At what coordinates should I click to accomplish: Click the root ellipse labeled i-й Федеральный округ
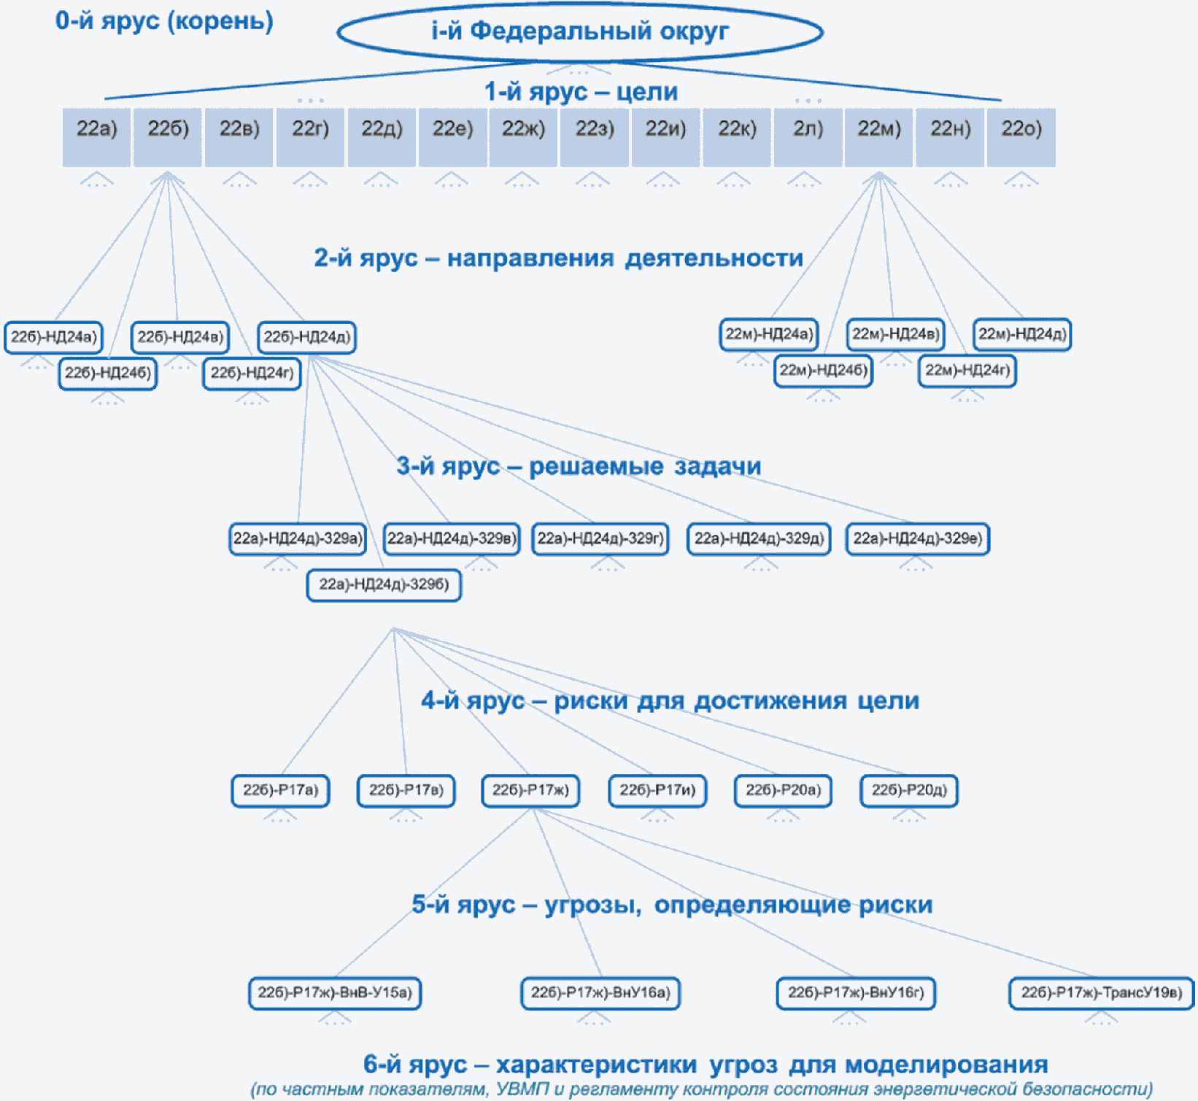click(x=580, y=31)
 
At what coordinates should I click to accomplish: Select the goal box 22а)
click(x=96, y=137)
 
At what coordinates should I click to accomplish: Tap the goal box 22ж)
click(x=523, y=137)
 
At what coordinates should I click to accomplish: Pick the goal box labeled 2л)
click(x=808, y=137)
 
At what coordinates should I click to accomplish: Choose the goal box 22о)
click(x=1021, y=137)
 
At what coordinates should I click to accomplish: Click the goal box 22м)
click(x=879, y=137)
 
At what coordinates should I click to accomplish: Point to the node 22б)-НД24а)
click(x=53, y=337)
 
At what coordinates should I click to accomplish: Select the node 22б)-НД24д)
click(x=307, y=337)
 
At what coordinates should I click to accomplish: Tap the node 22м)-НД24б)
click(x=824, y=371)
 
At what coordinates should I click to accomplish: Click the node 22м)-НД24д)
click(x=1022, y=334)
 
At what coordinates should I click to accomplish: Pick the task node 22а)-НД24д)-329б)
click(x=384, y=584)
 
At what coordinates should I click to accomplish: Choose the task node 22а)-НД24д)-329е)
click(x=918, y=539)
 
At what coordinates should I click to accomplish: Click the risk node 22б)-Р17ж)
click(x=530, y=790)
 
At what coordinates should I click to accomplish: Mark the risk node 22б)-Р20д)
click(x=909, y=790)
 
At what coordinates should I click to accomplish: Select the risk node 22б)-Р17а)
click(x=280, y=790)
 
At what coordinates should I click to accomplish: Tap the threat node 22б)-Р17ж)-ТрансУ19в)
click(x=1102, y=993)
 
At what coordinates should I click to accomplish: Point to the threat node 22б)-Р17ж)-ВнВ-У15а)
click(x=335, y=993)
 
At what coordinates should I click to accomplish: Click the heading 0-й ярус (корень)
click(x=164, y=20)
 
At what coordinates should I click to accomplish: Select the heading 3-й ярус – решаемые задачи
click(x=579, y=465)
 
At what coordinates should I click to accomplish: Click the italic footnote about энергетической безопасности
click(x=701, y=1089)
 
